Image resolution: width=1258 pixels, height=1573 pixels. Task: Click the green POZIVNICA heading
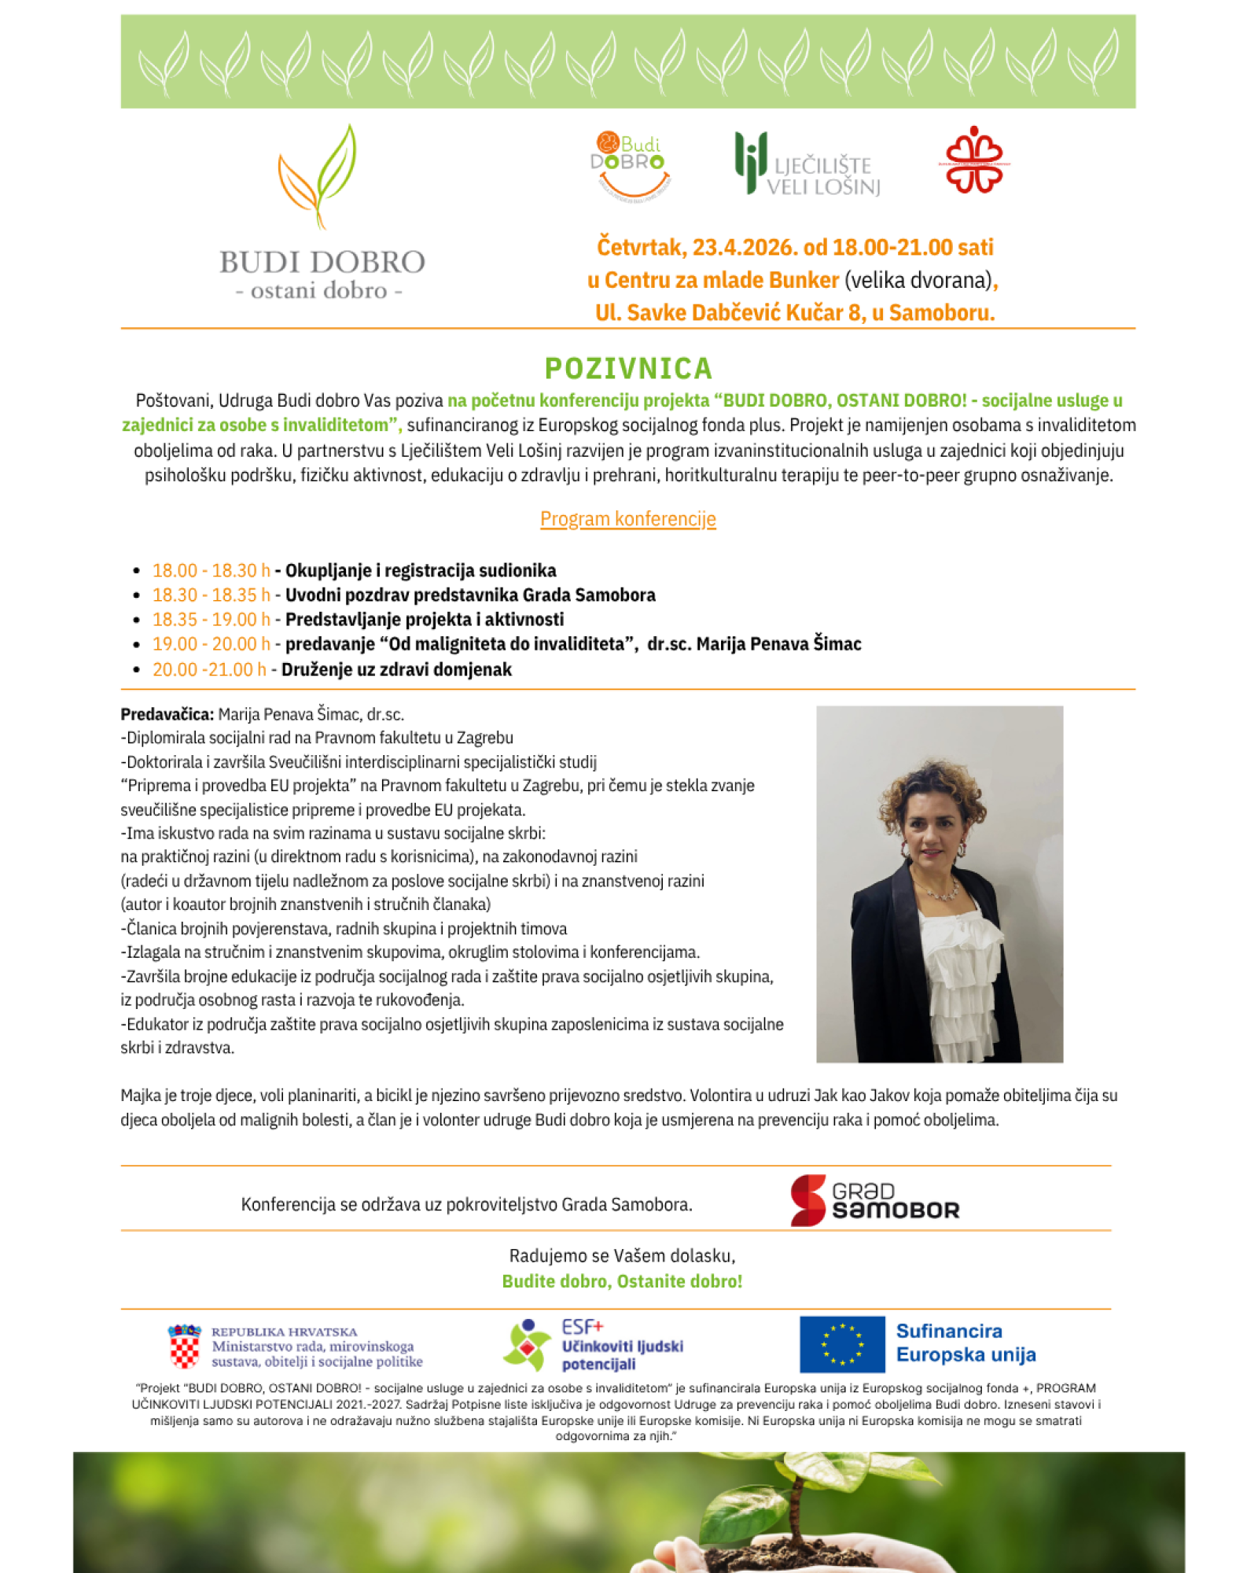coord(628,368)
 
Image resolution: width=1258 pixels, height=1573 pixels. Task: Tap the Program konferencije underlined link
coord(627,519)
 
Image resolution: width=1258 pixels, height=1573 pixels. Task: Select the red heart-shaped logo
coord(974,160)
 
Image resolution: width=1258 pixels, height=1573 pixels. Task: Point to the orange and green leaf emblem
coord(318,177)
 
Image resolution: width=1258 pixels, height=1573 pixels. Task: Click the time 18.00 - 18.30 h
coord(211,570)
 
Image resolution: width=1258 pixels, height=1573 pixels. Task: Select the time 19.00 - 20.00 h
coord(211,644)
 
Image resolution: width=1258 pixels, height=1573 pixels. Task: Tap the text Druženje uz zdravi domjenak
coord(396,669)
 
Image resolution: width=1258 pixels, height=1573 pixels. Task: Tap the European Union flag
coord(842,1344)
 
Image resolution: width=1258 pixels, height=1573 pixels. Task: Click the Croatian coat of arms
coord(185,1346)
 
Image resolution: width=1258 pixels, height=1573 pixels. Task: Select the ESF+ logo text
coord(583,1328)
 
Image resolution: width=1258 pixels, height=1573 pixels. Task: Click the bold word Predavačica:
coord(167,714)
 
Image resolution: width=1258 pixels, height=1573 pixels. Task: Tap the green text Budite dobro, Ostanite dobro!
coord(622,1281)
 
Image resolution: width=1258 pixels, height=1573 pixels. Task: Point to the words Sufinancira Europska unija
coord(966,1343)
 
